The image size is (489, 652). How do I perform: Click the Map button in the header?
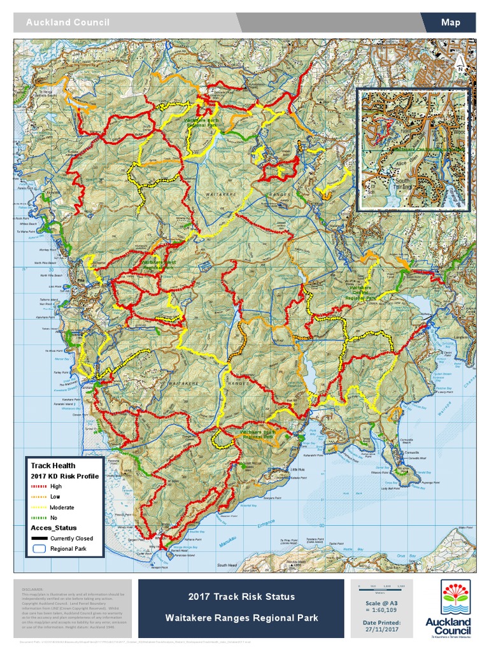[x=450, y=22]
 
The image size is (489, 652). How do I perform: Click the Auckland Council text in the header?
[x=67, y=22]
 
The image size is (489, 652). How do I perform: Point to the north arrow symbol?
[x=458, y=60]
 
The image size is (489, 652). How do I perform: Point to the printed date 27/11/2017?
[x=382, y=629]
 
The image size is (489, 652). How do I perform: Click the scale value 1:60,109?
[x=382, y=609]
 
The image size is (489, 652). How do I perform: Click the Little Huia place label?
[x=297, y=470]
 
